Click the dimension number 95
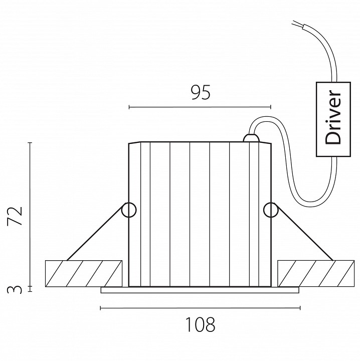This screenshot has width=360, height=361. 200,93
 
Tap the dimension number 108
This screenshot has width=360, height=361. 200,325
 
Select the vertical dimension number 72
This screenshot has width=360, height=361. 17,216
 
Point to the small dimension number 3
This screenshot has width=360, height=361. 17,289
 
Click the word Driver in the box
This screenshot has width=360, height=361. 333,118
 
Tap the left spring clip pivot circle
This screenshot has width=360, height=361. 129,210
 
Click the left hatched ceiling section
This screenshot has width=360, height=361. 84,273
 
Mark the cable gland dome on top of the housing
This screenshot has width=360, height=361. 250,137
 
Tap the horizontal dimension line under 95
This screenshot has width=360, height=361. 200,107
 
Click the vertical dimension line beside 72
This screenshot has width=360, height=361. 31,216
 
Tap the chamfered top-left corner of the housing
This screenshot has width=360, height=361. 131,143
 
